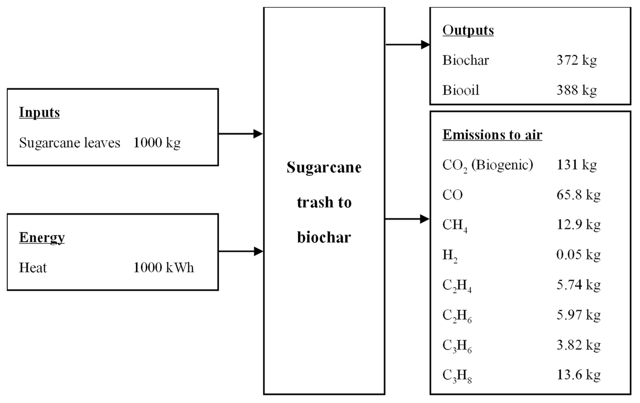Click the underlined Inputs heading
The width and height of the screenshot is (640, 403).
coord(39,113)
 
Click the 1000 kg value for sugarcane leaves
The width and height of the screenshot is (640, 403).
coord(157,143)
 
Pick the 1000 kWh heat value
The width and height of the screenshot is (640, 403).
coord(163,268)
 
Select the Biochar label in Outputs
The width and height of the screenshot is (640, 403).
coord(465,60)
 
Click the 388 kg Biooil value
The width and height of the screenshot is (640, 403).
coord(576,90)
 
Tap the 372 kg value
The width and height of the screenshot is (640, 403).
coord(576,60)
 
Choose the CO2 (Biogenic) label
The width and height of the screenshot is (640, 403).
coord(487,165)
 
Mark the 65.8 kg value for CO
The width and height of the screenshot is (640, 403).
coord(578,195)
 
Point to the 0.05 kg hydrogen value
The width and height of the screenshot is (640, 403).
coord(578,255)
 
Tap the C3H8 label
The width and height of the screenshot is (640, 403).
coord(457,376)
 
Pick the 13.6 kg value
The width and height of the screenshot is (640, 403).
coord(578,375)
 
